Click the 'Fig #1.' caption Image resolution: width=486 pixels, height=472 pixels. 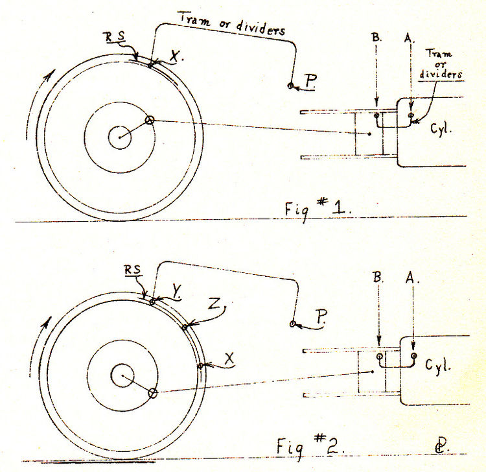click(x=318, y=209)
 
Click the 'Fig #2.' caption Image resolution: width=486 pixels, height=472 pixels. click(x=310, y=446)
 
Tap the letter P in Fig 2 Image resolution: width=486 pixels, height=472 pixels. click(x=321, y=316)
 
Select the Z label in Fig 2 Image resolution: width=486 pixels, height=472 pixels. click(x=215, y=304)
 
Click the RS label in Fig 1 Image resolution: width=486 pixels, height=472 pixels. click(x=115, y=37)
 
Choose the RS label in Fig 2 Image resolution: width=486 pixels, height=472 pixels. click(x=133, y=270)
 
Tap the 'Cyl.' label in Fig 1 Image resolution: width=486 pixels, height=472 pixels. click(x=441, y=128)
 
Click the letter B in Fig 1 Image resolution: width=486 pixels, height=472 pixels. click(x=376, y=38)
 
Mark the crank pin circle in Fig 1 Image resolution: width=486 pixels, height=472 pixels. click(x=150, y=121)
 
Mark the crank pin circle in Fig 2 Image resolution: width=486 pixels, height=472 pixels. click(x=152, y=394)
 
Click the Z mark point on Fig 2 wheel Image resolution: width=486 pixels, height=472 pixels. click(x=185, y=327)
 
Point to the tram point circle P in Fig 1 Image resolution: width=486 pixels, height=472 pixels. click(x=290, y=86)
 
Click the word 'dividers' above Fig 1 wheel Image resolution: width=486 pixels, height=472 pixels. click(x=260, y=29)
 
